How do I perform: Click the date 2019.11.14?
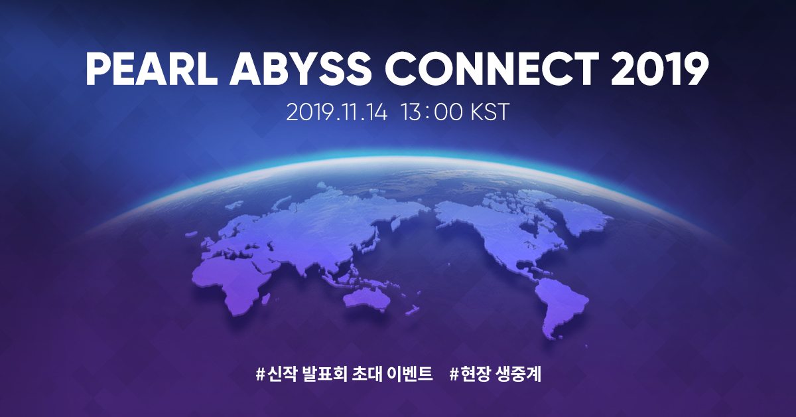click(338, 112)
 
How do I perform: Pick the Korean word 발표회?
click(322, 373)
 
